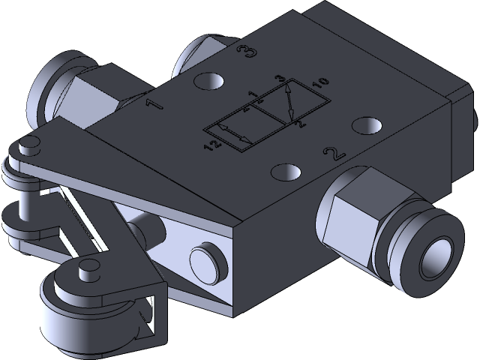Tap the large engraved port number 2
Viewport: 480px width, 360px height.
(332, 154)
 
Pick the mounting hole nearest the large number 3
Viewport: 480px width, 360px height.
(208, 80)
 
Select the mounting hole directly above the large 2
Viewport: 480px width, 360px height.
(367, 124)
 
